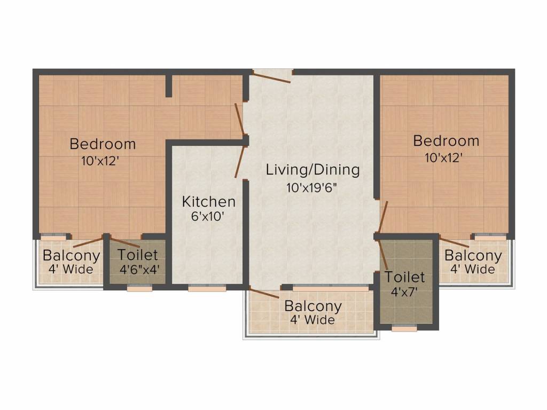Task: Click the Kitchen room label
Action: [208, 202]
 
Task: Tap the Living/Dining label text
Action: [312, 170]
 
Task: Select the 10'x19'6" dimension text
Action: [312, 188]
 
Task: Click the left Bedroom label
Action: [103, 144]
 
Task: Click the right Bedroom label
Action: [446, 141]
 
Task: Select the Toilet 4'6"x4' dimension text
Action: [138, 269]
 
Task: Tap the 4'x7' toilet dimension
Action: [404, 293]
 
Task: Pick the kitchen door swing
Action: [240, 161]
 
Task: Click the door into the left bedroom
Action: [240, 119]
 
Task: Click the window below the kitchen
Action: [199, 288]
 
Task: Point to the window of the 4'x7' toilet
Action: [404, 328]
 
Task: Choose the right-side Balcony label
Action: [473, 256]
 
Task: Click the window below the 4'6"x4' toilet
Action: [139, 288]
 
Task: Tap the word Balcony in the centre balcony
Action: [312, 306]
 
